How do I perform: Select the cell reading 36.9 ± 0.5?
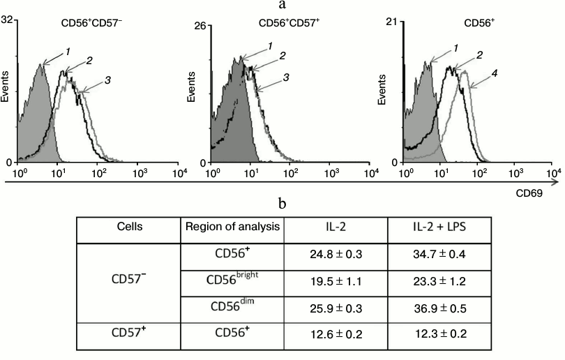click(439, 306)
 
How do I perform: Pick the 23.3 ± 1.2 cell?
click(439, 281)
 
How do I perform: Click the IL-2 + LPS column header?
click(439, 228)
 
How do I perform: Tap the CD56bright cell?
click(232, 280)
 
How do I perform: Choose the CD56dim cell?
click(232, 306)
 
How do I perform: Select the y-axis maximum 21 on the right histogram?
click(391, 22)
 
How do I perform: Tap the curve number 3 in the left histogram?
click(108, 81)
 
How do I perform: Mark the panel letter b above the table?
click(282, 204)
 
